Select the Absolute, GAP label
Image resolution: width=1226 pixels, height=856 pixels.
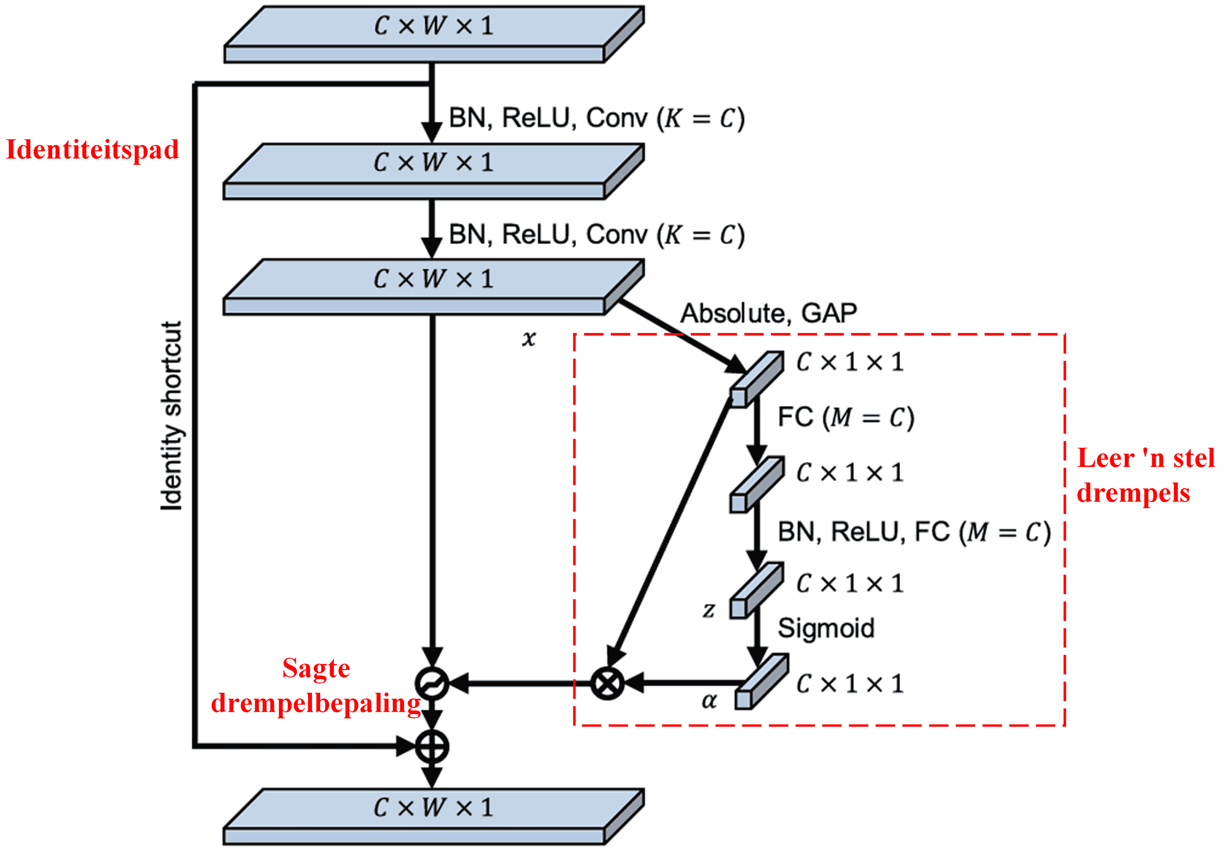[768, 313]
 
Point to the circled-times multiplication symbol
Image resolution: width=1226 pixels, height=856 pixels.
[607, 683]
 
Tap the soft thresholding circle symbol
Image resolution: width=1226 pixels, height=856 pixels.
[432, 683]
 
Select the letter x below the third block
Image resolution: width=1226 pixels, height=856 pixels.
[529, 338]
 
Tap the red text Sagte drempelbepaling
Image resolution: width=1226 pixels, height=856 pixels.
[316, 686]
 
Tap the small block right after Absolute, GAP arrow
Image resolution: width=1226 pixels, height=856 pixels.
[757, 379]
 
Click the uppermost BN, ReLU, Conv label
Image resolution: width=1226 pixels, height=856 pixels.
[597, 118]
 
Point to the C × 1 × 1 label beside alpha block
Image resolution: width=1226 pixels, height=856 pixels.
[850, 684]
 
